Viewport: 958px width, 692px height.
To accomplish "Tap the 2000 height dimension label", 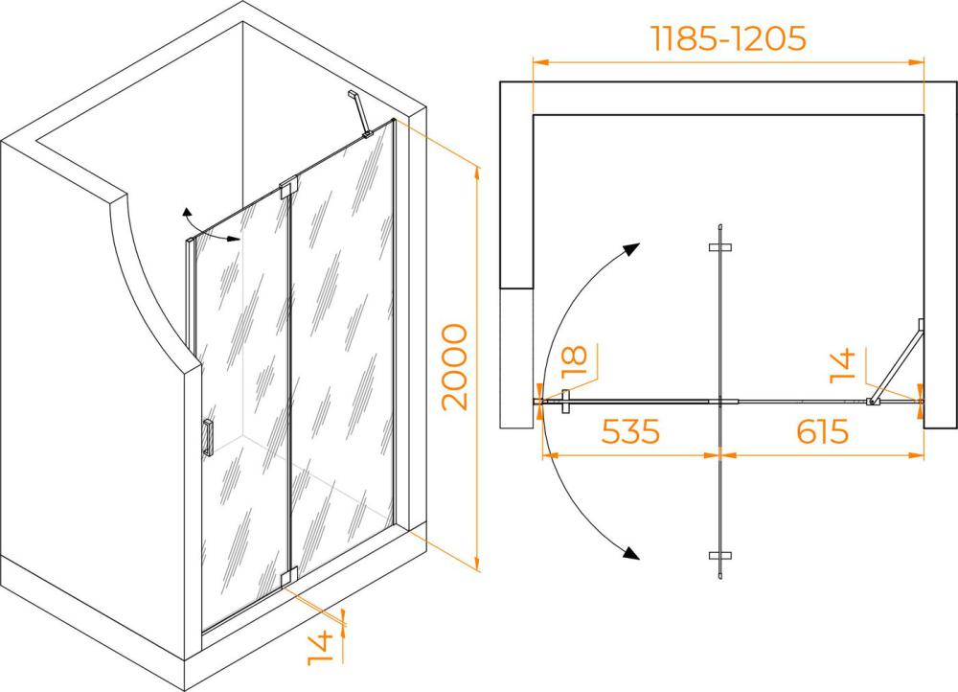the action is [x=455, y=367].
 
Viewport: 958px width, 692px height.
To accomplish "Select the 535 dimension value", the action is [x=631, y=431].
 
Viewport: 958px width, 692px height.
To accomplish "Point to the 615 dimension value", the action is [x=822, y=431].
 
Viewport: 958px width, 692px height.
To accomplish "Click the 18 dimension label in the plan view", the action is [x=574, y=361].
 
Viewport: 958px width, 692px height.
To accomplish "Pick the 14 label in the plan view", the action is [x=843, y=366].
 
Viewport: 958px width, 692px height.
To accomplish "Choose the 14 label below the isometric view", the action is [x=320, y=649].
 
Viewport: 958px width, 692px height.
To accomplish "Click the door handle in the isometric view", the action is [x=208, y=438].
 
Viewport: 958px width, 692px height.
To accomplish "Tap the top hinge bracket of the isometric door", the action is [x=287, y=187].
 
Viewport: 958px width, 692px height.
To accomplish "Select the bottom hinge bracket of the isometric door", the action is [x=287, y=578].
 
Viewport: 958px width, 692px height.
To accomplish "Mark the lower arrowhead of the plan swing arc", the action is [x=631, y=552].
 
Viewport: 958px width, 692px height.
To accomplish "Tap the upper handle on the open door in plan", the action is [x=720, y=247].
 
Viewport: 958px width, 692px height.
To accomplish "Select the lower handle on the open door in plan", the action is [x=720, y=556].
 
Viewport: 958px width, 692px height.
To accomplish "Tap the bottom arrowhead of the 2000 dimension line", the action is [x=476, y=564].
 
